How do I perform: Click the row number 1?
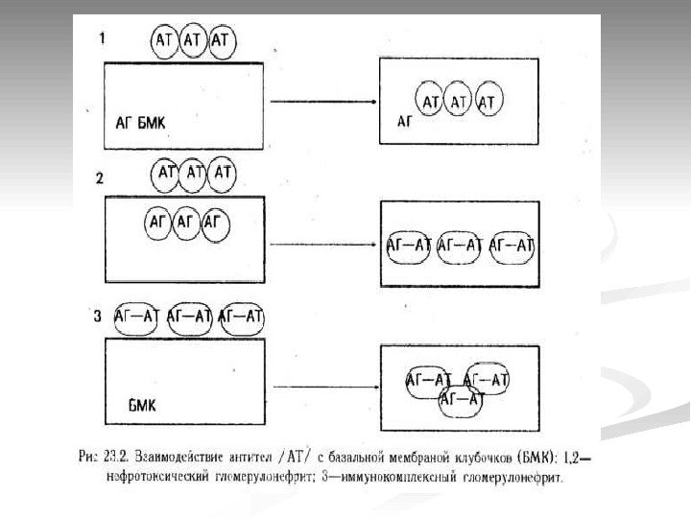[x=103, y=38]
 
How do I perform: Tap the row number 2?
[x=100, y=177]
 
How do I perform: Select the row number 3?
[x=98, y=316]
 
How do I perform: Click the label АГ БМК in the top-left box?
[x=140, y=123]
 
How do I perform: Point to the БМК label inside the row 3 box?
[x=141, y=404]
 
